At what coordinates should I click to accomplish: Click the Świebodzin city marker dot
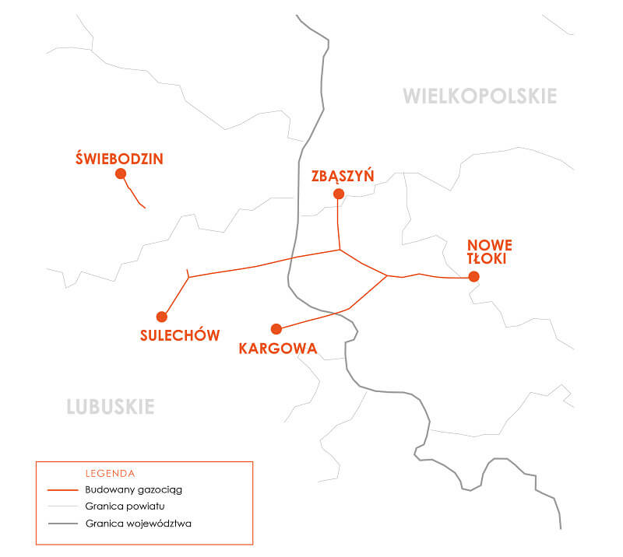(x=121, y=174)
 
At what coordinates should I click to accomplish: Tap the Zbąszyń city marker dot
(x=338, y=194)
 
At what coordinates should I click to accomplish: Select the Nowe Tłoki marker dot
(x=473, y=277)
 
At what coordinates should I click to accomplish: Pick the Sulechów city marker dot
(x=162, y=317)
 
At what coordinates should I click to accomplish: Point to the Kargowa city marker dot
(x=276, y=328)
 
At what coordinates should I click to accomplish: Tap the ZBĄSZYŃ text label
(x=343, y=176)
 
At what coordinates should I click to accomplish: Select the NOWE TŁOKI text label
(x=487, y=251)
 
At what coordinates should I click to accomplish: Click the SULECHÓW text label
(x=180, y=336)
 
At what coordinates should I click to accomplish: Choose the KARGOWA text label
(x=278, y=349)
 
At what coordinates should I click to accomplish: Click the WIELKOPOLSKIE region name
(x=480, y=96)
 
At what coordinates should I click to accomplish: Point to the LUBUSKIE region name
(x=111, y=407)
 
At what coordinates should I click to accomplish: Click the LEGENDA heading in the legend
(x=110, y=473)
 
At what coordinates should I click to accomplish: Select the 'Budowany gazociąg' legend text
(x=133, y=490)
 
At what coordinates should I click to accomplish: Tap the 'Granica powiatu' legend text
(x=125, y=506)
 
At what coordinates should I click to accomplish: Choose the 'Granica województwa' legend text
(x=138, y=524)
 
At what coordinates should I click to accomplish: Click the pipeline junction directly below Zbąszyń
(x=340, y=250)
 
